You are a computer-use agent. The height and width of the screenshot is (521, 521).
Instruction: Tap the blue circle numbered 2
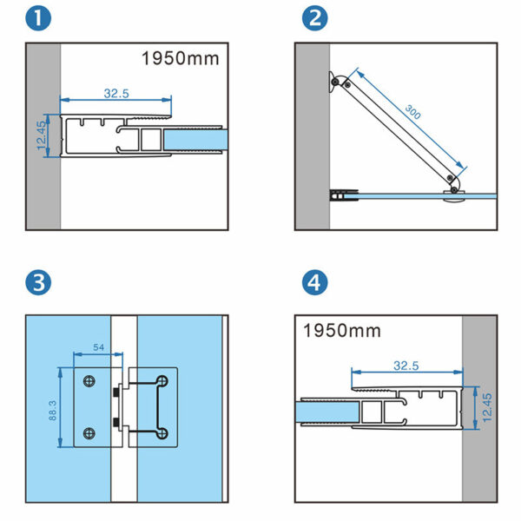(313, 18)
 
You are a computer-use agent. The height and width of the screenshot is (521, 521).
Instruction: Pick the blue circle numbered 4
(313, 282)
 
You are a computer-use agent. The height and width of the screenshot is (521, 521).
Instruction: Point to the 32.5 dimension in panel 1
(115, 92)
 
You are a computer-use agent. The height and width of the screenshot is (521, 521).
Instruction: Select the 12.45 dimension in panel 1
(40, 136)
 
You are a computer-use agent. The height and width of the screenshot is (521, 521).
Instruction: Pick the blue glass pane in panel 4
(326, 412)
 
